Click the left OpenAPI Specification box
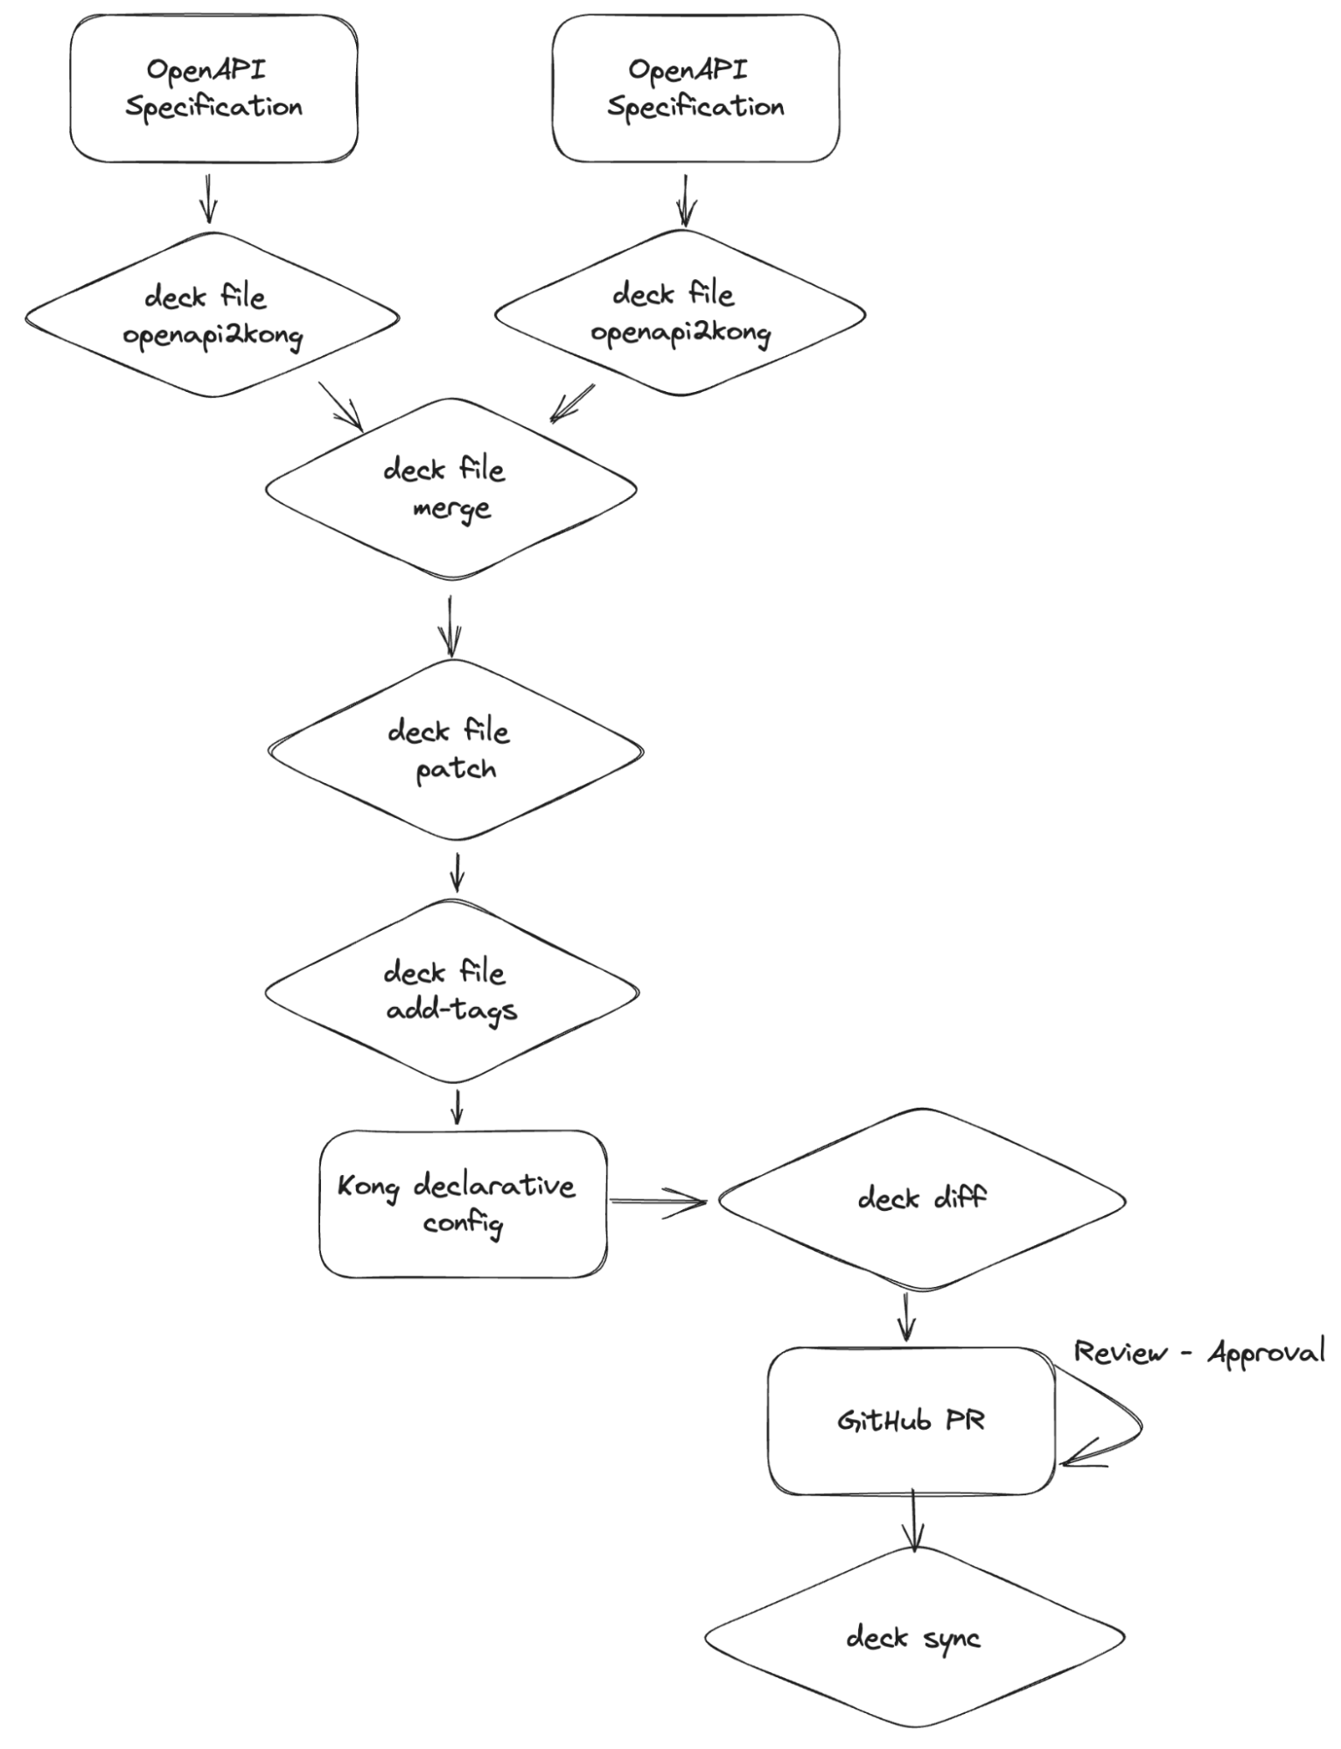pyautogui.click(x=213, y=88)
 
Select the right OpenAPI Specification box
pyautogui.click(x=695, y=88)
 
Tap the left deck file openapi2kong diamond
pyautogui.click(x=212, y=315)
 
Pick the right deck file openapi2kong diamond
pyautogui.click(x=680, y=313)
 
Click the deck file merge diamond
pyautogui.click(x=450, y=488)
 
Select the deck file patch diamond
pyautogui.click(x=455, y=750)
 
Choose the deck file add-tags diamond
pyautogui.click(x=451, y=991)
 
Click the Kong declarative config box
pyautogui.click(x=462, y=1203)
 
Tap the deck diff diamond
pyautogui.click(x=921, y=1199)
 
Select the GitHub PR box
pyautogui.click(x=911, y=1421)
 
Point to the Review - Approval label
pyautogui.click(x=1198, y=1353)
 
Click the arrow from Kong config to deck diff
pyautogui.click(x=658, y=1201)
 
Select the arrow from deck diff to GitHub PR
pyautogui.click(x=906, y=1316)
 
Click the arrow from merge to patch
pyautogui.click(x=450, y=626)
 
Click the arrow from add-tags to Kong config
pyautogui.click(x=456, y=1107)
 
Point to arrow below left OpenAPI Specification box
pyautogui.click(x=208, y=199)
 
